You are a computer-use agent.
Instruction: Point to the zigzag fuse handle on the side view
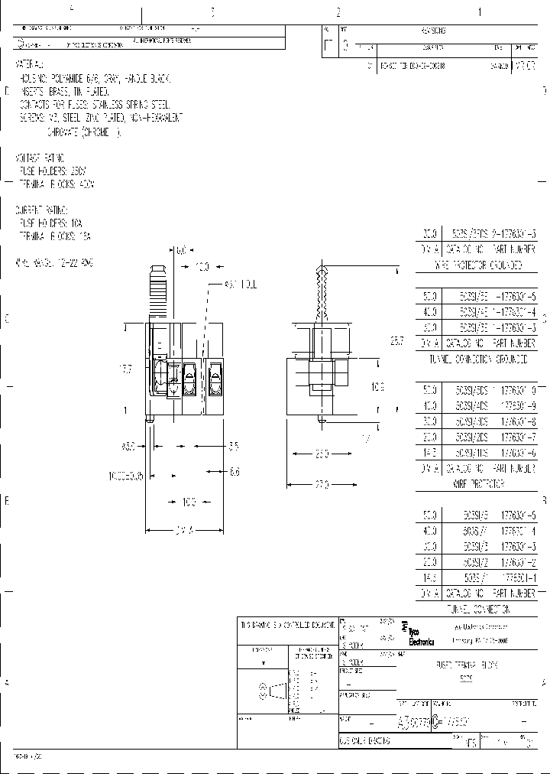(x=321, y=294)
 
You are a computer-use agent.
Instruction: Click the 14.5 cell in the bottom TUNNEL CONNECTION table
(x=429, y=577)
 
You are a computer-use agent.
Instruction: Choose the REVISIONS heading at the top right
(x=432, y=31)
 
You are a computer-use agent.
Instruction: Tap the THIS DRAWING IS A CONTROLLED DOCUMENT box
(x=286, y=625)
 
